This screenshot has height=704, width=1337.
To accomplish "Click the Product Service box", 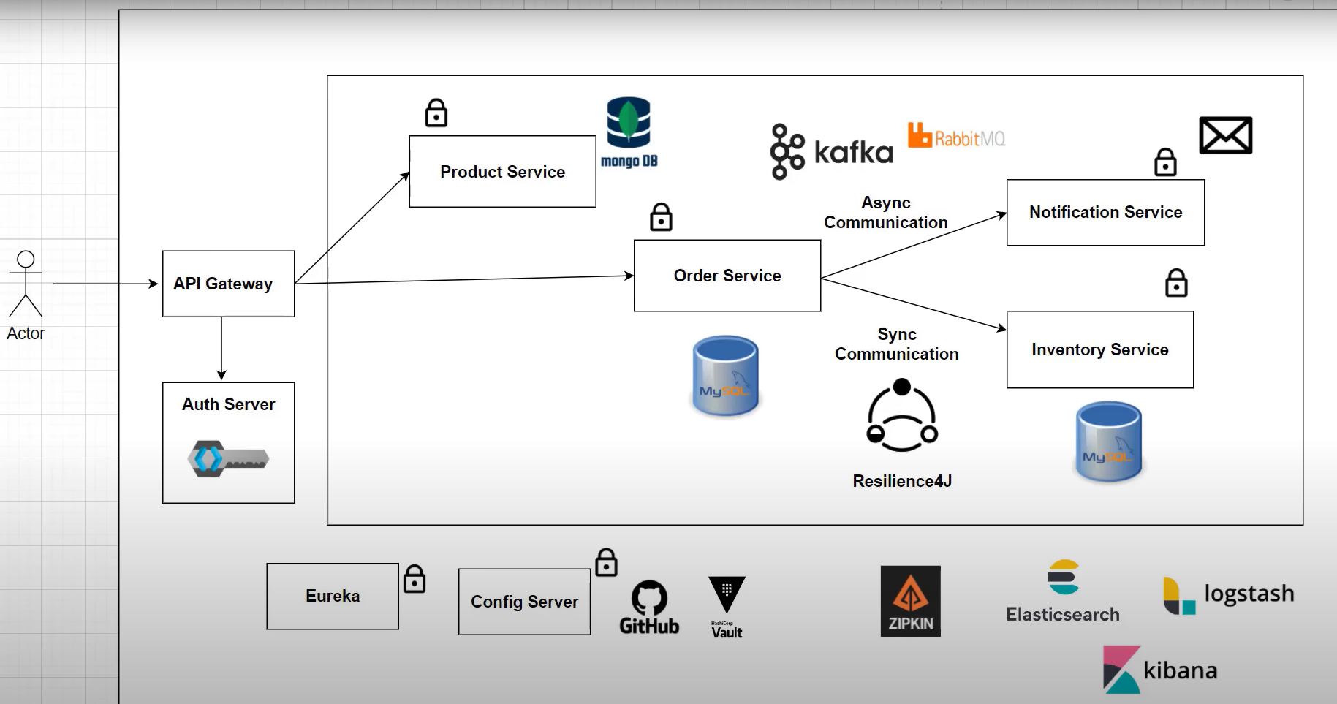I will [502, 172].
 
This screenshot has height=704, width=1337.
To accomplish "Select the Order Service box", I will [727, 276].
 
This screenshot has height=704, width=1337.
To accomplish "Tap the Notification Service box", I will [1105, 213].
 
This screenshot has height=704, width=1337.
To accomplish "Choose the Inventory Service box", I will [1099, 349].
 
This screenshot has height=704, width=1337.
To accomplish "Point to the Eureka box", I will [333, 596].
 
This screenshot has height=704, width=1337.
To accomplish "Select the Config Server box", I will [524, 602].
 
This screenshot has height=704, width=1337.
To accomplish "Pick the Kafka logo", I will [831, 151].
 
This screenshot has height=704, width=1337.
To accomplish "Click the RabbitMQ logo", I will [956, 137].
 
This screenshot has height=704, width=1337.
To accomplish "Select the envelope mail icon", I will [1225, 135].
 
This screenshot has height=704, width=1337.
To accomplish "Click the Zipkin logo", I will [910, 601].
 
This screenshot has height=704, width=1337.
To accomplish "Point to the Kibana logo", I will [1159, 669].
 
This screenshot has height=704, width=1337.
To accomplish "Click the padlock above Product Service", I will [436, 113].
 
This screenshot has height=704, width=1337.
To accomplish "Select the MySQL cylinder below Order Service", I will [725, 376].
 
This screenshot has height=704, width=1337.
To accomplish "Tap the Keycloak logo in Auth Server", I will [228, 458].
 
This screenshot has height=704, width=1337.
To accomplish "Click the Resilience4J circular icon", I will [902, 415].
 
